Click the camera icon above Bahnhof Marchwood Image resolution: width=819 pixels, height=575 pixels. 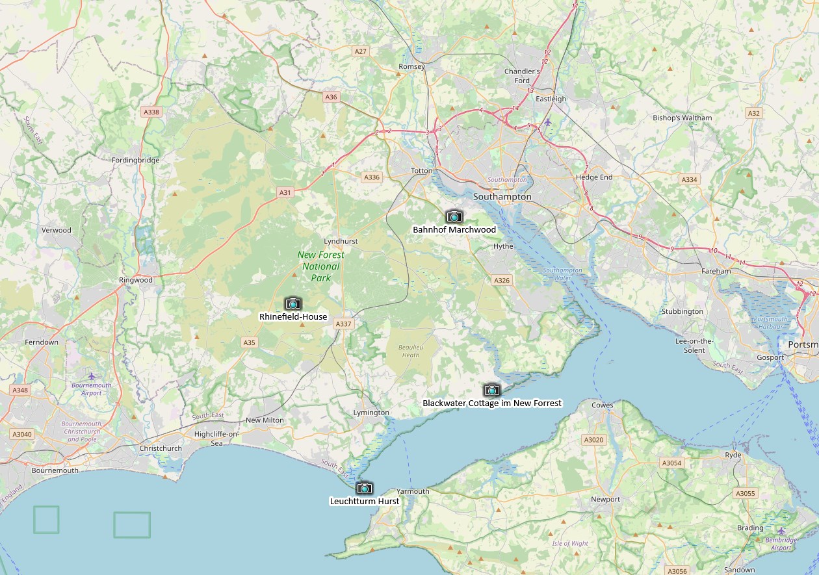[x=454, y=216]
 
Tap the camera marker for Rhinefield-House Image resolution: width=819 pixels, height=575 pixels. [x=293, y=303]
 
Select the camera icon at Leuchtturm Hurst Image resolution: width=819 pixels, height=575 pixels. [x=365, y=488]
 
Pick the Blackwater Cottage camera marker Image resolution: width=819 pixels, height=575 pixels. [x=491, y=390]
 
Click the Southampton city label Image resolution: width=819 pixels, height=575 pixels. [x=502, y=196]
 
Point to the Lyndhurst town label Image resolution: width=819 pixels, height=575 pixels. [x=341, y=241]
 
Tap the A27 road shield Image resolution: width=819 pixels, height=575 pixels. [x=361, y=51]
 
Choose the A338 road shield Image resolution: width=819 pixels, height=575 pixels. [x=151, y=112]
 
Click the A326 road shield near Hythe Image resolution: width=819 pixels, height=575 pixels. [x=502, y=281]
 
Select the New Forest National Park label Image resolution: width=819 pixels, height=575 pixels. [x=321, y=266]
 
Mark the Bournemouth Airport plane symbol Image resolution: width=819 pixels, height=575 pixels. [x=92, y=376]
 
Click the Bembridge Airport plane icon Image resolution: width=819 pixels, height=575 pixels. [x=781, y=531]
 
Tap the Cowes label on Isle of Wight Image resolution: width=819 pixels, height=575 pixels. [x=602, y=405]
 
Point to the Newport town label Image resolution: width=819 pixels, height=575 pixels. [x=605, y=500]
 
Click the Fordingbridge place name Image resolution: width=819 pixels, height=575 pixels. [x=135, y=160]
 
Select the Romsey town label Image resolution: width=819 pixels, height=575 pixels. [x=411, y=67]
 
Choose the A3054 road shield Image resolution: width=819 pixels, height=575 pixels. [x=671, y=463]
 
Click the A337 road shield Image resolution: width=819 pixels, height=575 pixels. [x=344, y=324]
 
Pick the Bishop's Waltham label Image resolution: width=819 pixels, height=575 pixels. [x=682, y=118]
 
